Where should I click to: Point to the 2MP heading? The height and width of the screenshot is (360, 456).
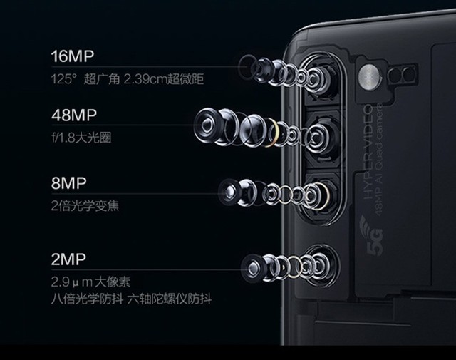(x=68, y=257)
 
